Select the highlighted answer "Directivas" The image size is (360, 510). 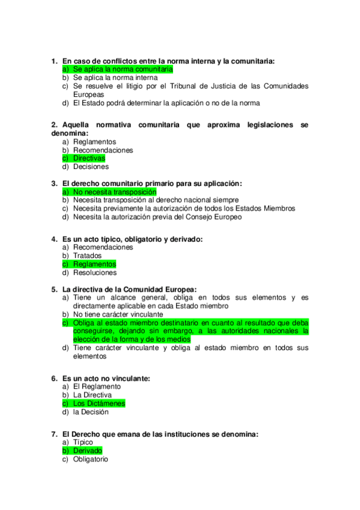(89, 158)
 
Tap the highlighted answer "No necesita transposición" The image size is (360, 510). (111, 192)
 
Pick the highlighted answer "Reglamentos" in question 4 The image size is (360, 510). (94, 264)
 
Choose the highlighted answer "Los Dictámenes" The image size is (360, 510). (99, 404)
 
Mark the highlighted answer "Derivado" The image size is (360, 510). (88, 450)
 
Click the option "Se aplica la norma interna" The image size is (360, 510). (115, 78)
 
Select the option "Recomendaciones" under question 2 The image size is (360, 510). (103, 150)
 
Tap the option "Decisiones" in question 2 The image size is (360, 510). (91, 167)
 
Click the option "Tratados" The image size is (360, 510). (87, 256)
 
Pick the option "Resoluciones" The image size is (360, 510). (95, 272)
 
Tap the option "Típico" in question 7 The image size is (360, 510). (83, 442)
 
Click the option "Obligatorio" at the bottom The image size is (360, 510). (90, 459)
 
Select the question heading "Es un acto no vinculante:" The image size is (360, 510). (106, 378)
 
